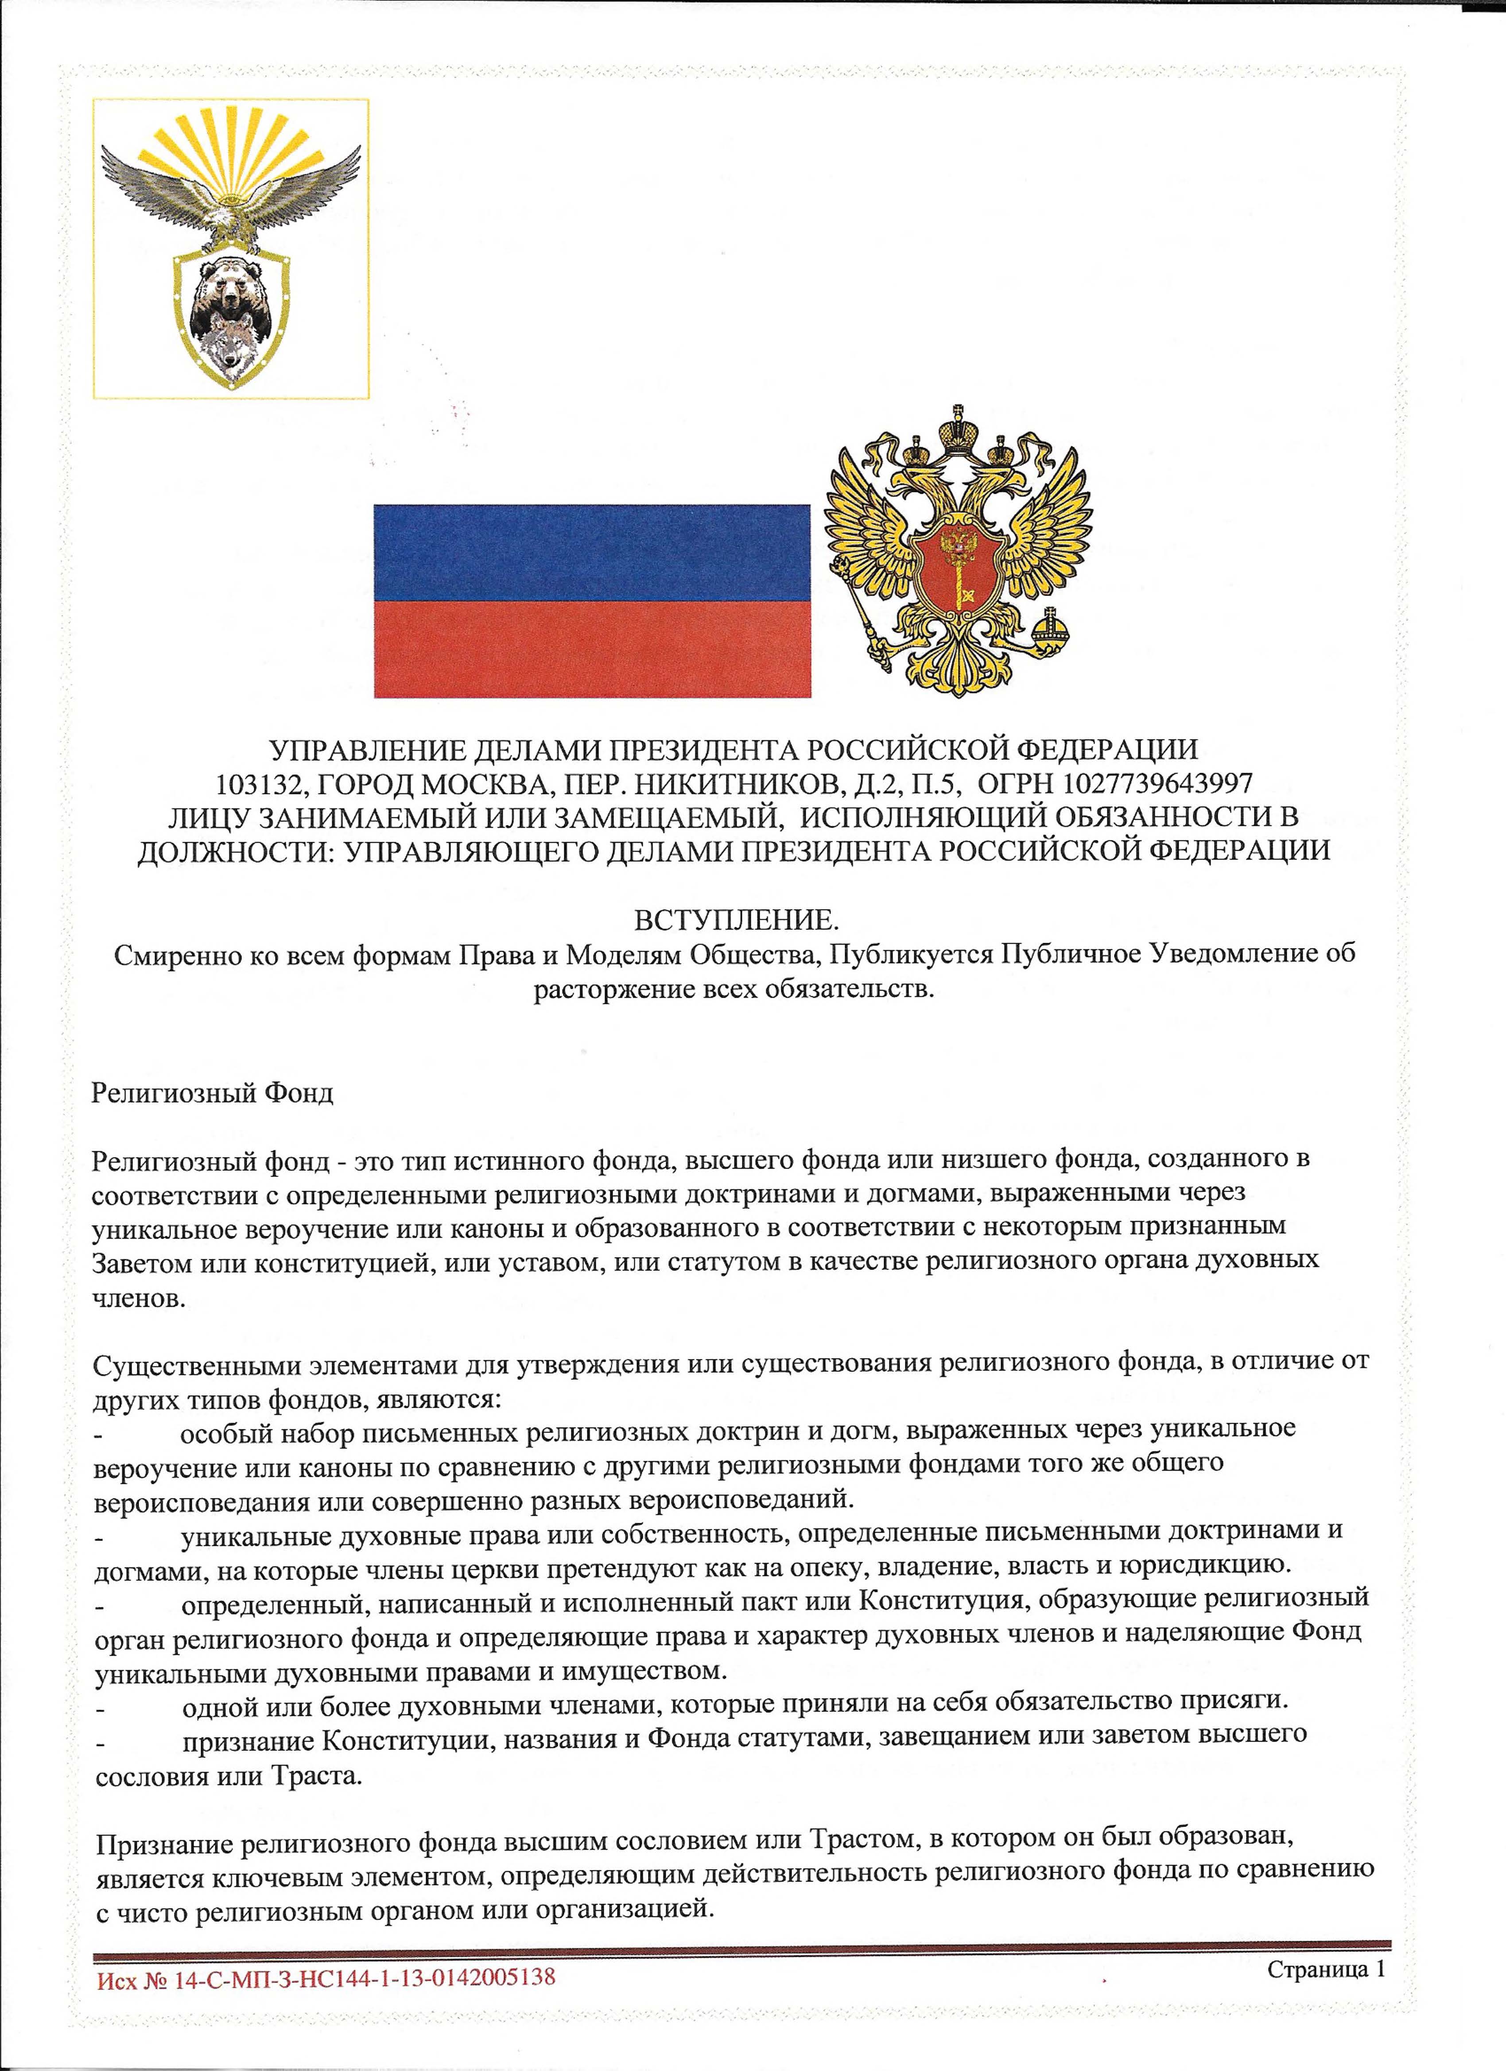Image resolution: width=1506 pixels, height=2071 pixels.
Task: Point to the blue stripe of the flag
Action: [x=592, y=553]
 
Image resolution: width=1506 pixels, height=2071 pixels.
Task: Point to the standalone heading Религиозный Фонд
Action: [x=212, y=1093]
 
